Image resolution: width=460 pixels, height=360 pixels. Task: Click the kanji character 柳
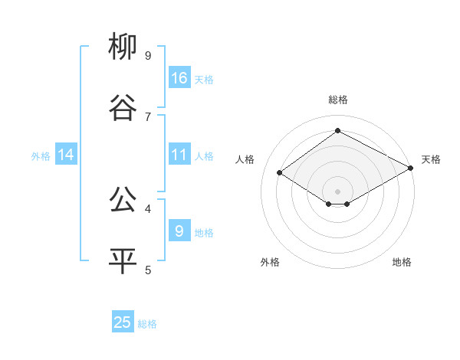point(123,47)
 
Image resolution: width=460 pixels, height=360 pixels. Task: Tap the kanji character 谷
point(123,109)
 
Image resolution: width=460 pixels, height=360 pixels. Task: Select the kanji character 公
point(123,201)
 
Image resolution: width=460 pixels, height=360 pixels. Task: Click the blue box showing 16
point(179,77)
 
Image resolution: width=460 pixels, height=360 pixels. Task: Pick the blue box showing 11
point(179,155)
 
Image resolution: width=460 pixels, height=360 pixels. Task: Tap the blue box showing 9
point(179,231)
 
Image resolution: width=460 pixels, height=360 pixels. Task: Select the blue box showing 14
point(66,155)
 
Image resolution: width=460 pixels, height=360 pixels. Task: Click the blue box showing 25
point(123,322)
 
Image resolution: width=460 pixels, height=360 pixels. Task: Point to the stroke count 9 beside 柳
point(148,55)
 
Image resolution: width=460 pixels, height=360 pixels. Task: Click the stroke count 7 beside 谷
point(148,116)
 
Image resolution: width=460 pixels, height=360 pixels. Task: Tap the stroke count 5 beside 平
point(148,270)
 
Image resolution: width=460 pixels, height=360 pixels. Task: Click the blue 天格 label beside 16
point(204,79)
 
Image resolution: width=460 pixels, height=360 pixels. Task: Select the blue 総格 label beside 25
point(147,324)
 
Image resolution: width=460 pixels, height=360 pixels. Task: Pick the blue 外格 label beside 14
point(41,156)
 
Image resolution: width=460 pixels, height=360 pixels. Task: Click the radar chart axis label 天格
point(431,159)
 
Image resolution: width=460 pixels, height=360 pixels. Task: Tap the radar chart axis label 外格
point(270,262)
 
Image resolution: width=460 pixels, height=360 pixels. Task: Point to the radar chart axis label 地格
point(402,262)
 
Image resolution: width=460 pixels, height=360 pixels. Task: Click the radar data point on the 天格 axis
point(411,168)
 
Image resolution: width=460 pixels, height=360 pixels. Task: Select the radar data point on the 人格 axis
point(280,172)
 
